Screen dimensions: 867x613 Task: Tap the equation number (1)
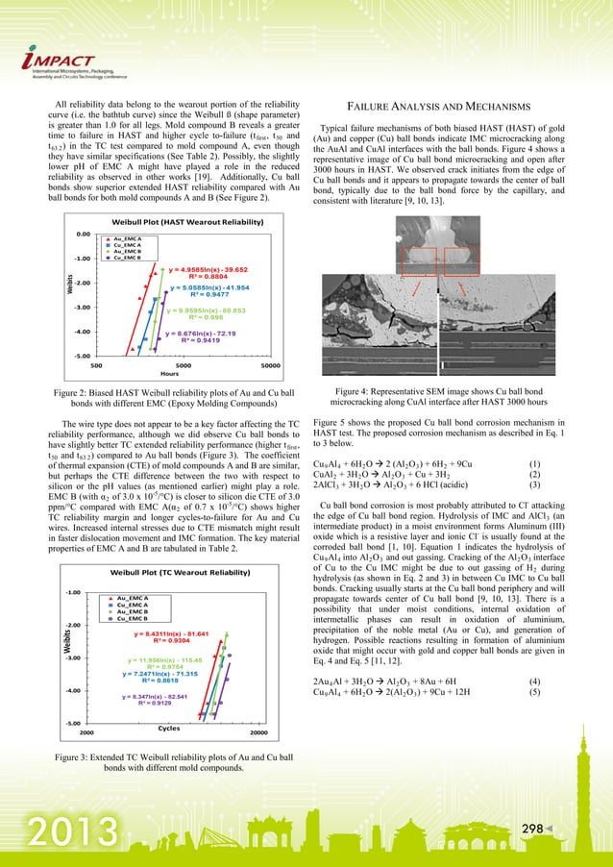(x=573, y=464)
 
